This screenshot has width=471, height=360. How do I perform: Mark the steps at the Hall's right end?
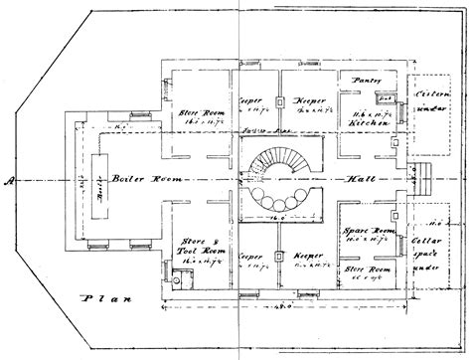[x=429, y=182]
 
